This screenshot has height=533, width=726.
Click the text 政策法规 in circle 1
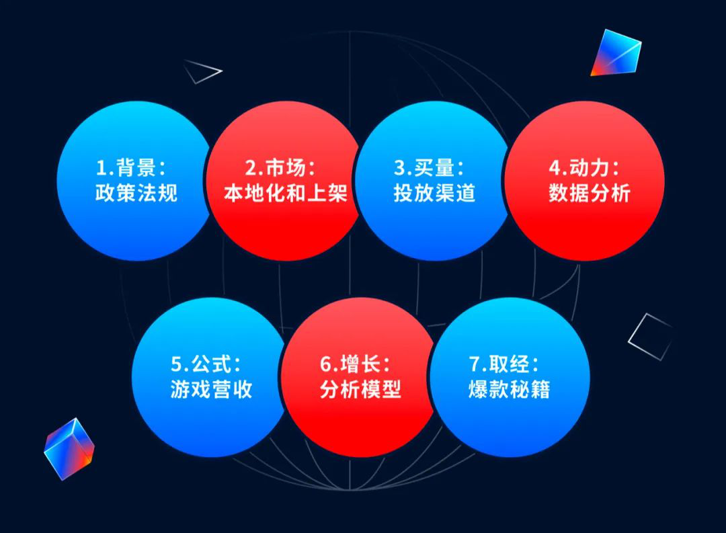(136, 193)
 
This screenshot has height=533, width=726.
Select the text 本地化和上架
(286, 193)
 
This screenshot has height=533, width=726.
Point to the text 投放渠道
(434, 193)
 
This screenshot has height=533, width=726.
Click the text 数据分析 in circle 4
(590, 193)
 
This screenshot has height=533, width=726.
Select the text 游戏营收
(211, 389)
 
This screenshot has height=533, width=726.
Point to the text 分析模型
(361, 389)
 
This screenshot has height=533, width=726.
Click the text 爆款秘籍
(510, 389)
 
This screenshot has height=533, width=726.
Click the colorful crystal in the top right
(616, 53)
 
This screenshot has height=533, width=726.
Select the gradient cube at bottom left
(69, 449)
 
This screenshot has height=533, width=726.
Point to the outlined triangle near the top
(202, 71)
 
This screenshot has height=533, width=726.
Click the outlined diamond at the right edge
(650, 337)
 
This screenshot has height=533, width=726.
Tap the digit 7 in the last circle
(475, 364)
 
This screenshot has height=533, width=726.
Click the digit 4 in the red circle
(555, 168)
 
